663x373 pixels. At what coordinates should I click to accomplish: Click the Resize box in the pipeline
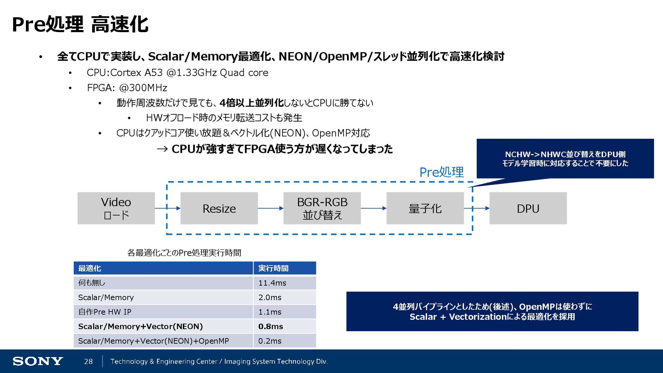(x=219, y=208)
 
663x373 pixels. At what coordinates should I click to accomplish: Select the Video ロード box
(x=116, y=208)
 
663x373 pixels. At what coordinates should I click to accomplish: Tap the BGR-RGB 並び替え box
(x=322, y=208)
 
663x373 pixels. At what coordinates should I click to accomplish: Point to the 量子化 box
(x=425, y=208)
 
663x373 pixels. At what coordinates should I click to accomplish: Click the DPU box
(x=528, y=208)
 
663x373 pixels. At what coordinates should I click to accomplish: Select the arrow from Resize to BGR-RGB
(x=270, y=208)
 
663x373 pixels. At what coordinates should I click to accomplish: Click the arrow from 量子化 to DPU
(x=477, y=208)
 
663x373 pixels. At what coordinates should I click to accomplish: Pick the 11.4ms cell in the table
(x=272, y=283)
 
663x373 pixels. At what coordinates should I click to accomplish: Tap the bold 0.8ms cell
(x=270, y=326)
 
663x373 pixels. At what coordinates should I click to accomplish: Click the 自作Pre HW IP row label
(x=105, y=312)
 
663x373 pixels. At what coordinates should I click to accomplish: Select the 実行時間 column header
(x=273, y=268)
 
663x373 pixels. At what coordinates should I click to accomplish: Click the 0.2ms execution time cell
(x=270, y=341)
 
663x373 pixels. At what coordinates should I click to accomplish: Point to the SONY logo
(x=38, y=361)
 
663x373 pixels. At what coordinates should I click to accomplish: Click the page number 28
(x=88, y=361)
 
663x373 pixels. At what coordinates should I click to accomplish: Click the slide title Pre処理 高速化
(x=80, y=25)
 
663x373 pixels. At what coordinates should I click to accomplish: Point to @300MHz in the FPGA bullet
(x=143, y=88)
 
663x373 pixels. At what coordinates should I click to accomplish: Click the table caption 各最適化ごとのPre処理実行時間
(x=184, y=253)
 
